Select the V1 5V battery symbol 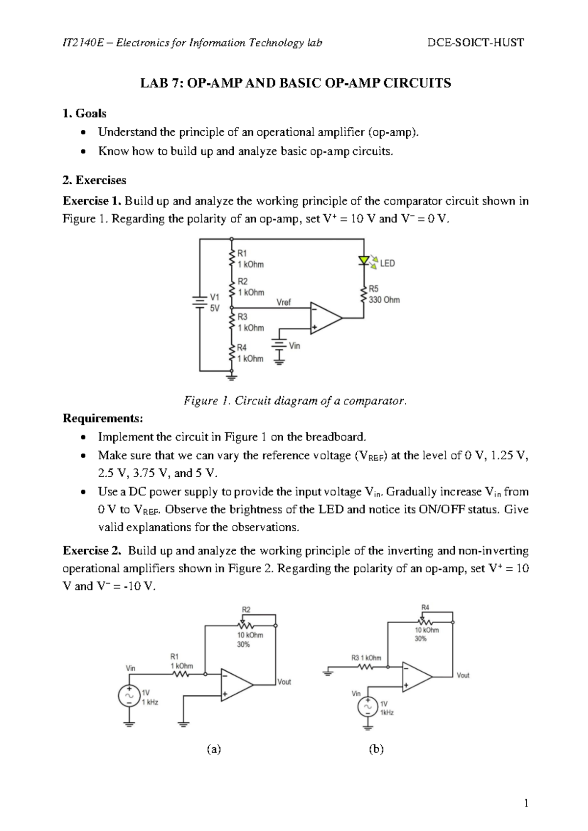199,302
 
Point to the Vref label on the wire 284,302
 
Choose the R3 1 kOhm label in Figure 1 250,322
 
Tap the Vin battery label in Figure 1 294,345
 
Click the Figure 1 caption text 295,401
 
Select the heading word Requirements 103,418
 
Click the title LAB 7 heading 295,83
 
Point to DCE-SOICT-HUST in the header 475,43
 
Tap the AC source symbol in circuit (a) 129,696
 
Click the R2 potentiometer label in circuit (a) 246,610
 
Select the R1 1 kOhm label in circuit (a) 181,661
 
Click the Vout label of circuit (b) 463,675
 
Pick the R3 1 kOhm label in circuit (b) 366,658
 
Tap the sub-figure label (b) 376,749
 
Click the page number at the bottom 526,803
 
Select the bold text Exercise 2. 92,550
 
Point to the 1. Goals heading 84,113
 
